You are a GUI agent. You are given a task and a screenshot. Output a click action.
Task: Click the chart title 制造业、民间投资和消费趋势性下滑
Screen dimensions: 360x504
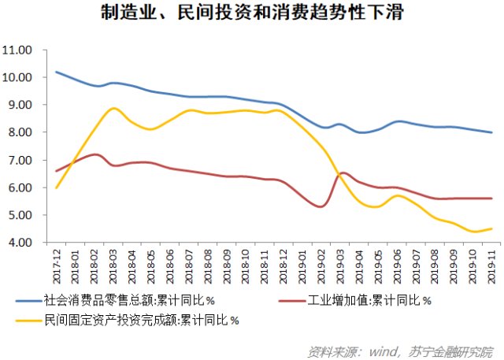click(251, 14)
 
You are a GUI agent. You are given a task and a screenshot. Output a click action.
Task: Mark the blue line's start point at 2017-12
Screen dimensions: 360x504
click(57, 72)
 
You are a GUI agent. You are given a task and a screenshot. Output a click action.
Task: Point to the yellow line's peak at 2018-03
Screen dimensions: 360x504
click(114, 108)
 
